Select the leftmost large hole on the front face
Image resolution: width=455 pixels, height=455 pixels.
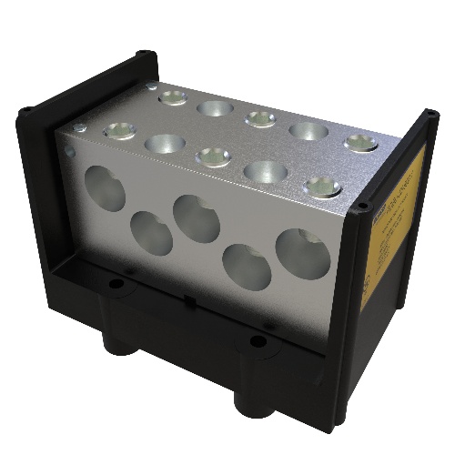106,189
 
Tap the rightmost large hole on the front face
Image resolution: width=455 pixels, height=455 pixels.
303,254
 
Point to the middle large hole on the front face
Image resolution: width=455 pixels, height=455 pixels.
197,218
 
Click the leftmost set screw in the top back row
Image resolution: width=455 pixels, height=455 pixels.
171,96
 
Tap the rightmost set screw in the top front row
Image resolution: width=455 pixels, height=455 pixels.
322,187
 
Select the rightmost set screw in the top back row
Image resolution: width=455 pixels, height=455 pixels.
360,142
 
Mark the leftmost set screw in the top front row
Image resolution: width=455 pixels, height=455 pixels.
120,131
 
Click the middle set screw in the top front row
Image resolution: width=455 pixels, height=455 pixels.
214,157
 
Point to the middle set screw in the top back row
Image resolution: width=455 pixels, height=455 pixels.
260,118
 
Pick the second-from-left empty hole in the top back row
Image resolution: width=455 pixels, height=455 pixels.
215,108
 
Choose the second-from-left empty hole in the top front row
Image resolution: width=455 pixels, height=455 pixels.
165,143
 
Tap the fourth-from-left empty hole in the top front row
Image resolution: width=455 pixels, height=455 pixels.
266,171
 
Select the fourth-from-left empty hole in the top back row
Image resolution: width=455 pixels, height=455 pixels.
308,130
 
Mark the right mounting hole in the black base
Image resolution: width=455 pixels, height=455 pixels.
258,343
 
